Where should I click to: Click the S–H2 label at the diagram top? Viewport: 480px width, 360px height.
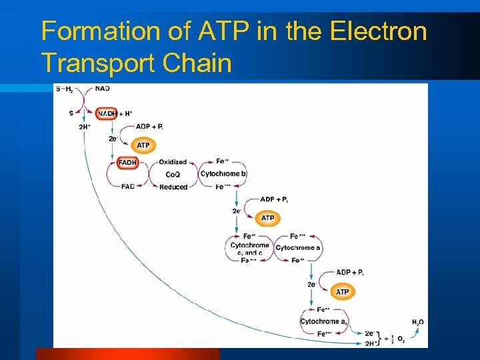pyautogui.click(x=65, y=89)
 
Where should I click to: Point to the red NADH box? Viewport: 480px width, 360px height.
pyautogui.click(x=107, y=113)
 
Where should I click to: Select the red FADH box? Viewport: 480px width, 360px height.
pyautogui.click(x=127, y=162)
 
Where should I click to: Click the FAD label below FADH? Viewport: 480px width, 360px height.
pyautogui.click(x=128, y=187)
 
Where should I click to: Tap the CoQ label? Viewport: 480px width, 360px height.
pyautogui.click(x=173, y=175)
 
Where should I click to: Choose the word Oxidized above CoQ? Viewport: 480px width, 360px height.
pyautogui.click(x=173, y=162)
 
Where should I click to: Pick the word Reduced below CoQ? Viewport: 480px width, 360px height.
pyautogui.click(x=173, y=187)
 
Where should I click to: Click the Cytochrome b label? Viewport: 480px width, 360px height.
pyautogui.click(x=223, y=174)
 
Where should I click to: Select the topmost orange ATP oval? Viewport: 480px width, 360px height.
pyautogui.click(x=143, y=145)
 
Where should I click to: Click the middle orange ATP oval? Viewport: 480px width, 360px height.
pyautogui.click(x=267, y=218)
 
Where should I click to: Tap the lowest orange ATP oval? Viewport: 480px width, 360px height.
pyautogui.click(x=342, y=292)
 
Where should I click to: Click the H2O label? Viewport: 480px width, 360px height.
pyautogui.click(x=417, y=322)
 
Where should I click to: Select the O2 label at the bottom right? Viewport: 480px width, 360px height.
pyautogui.click(x=401, y=339)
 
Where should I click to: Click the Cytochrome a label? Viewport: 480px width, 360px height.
pyautogui.click(x=298, y=248)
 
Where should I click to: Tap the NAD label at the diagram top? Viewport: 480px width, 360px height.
pyautogui.click(x=103, y=89)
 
